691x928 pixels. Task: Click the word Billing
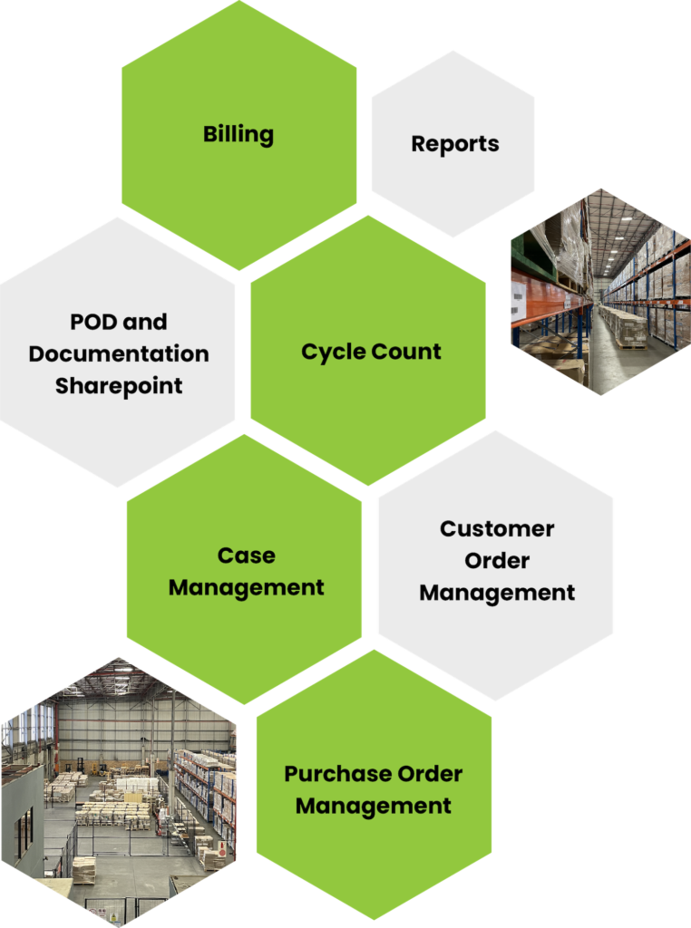coord(238,135)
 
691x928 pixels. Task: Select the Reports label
coord(454,143)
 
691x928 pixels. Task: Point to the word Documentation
coord(119,353)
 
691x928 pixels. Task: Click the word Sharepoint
coord(119,385)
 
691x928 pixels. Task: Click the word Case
coord(246,556)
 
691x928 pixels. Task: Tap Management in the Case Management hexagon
coord(246,587)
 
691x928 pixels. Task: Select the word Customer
coord(497,528)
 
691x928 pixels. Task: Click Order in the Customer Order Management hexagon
coord(497,561)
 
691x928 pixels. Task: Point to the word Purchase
coord(328,774)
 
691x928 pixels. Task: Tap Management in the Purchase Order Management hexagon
coord(374,805)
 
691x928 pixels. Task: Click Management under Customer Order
coord(497,593)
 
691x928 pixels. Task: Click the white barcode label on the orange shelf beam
coord(519,296)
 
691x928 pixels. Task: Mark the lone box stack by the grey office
coord(84,868)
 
